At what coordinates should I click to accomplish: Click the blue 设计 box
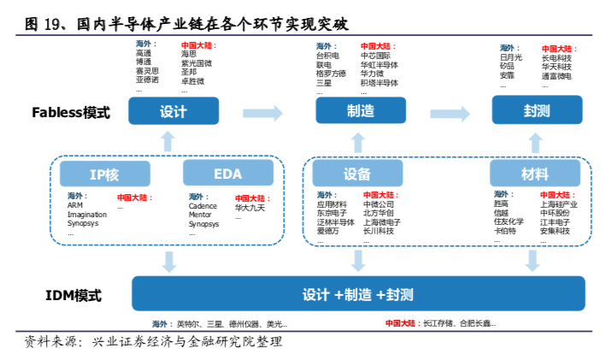coord(173,111)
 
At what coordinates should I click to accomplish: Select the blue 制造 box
coord(360,111)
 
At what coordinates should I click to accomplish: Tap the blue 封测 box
coord(537,111)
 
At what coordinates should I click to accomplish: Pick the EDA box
coord(227,174)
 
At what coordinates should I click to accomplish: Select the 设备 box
coord(357,174)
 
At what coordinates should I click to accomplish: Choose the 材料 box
coord(535,174)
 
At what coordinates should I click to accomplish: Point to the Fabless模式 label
coord(71,112)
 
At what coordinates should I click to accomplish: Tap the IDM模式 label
coord(73,296)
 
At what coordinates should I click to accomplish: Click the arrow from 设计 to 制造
coord(262,112)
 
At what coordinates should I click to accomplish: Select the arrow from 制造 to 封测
coord(449,113)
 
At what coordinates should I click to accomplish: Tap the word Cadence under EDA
coord(203,206)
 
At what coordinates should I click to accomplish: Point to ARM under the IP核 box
coord(75,206)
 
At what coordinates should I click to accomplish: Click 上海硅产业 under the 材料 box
coord(559,204)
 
